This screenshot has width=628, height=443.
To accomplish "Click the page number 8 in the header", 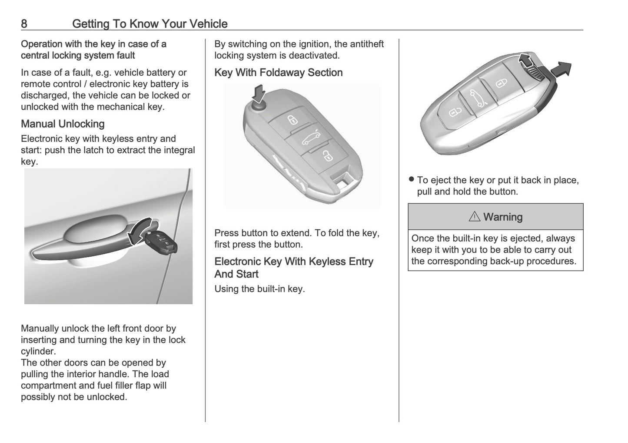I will pos(24,23).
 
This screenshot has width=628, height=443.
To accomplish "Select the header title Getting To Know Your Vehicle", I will pos(150,23).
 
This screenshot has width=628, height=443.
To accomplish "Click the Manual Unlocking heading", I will pos(63,124).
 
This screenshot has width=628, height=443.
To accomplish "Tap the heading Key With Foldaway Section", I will pos(278,73).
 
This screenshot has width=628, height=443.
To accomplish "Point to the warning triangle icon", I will pos(474,217).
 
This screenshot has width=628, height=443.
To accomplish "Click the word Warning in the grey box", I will pos(503,217).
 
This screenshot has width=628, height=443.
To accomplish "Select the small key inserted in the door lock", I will pos(162,243).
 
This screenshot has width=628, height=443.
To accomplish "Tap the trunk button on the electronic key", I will pos(476,98).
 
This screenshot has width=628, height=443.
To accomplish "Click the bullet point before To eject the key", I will pos(411,180).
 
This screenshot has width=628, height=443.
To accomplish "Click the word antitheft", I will pos(363,44).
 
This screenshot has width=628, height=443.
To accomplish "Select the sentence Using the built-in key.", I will pos(259,289).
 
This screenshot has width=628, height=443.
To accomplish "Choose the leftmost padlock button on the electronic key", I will pos(453,112).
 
